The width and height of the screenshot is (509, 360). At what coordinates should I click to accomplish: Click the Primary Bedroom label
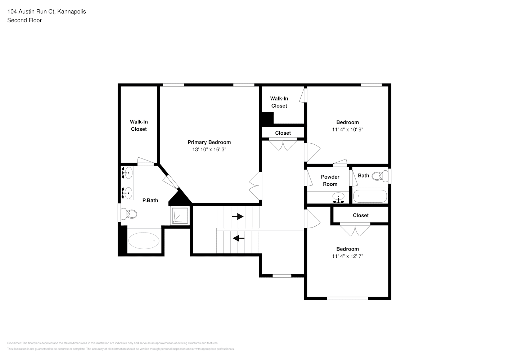pyautogui.click(x=209, y=142)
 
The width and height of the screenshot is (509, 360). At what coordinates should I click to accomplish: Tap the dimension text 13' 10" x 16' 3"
pyautogui.click(x=209, y=149)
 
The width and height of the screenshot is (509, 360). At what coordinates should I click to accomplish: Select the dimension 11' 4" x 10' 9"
pyautogui.click(x=347, y=130)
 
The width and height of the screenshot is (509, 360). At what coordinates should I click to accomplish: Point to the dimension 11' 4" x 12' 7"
pyautogui.click(x=347, y=256)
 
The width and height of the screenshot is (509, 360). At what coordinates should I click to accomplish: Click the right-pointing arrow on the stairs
pyautogui.click(x=238, y=217)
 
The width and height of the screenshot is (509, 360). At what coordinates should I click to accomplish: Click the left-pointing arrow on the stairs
pyautogui.click(x=239, y=238)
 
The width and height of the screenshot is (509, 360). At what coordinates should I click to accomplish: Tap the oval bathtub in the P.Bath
pyautogui.click(x=144, y=240)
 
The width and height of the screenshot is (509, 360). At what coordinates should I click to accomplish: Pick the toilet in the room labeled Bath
pyautogui.click(x=379, y=176)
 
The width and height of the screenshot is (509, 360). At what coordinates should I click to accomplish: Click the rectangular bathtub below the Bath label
pyautogui.click(x=370, y=196)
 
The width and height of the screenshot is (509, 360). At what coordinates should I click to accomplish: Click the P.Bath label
pyautogui.click(x=150, y=201)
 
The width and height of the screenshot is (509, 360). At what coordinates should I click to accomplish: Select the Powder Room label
pyautogui.click(x=330, y=180)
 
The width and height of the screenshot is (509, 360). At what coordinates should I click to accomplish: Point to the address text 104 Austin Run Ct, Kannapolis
pyautogui.click(x=46, y=12)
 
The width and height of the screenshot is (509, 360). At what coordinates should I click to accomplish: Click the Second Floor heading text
pyautogui.click(x=24, y=20)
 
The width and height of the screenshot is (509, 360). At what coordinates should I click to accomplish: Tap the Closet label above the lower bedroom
pyautogui.click(x=360, y=215)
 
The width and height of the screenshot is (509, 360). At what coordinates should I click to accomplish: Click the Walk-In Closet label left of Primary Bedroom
pyautogui.click(x=139, y=126)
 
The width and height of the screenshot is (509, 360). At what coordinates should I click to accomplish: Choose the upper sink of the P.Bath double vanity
pyautogui.click(x=127, y=173)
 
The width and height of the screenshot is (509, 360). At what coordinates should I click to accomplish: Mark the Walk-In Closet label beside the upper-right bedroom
pyautogui.click(x=279, y=102)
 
